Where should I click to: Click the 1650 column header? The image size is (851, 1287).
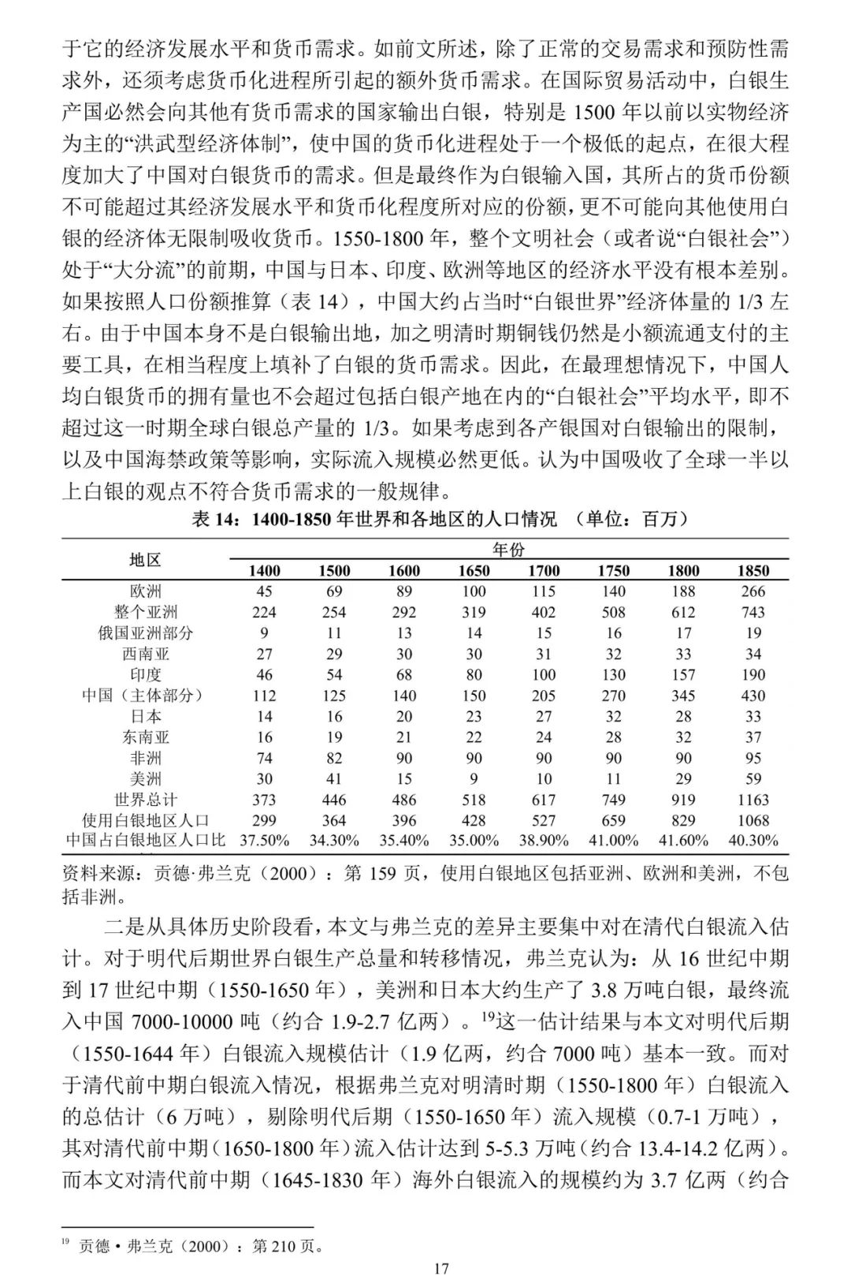(x=474, y=570)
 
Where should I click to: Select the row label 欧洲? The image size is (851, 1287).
(x=145, y=591)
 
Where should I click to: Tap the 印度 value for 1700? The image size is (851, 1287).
(x=544, y=675)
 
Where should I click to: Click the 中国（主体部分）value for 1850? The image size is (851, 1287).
(x=753, y=696)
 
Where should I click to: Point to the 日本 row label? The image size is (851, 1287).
(x=145, y=716)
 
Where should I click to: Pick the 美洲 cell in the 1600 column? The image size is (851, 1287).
(x=403, y=779)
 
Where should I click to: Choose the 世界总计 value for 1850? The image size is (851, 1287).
(x=753, y=800)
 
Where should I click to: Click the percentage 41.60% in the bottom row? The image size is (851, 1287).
(x=683, y=841)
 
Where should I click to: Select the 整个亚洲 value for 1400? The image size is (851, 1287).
(x=264, y=612)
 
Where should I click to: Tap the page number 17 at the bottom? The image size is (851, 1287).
(x=441, y=1269)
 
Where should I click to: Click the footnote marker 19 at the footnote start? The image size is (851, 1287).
(x=66, y=1242)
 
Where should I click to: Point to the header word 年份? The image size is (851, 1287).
(x=508, y=550)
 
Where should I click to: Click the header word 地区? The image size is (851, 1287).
(x=145, y=560)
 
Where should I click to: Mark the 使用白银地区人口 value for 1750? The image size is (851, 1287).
(x=613, y=820)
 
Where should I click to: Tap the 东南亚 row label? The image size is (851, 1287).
(x=145, y=737)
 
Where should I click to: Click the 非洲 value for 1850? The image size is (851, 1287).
(x=753, y=758)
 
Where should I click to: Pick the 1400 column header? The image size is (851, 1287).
(x=264, y=570)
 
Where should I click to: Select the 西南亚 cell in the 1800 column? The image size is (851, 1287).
(x=683, y=654)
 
